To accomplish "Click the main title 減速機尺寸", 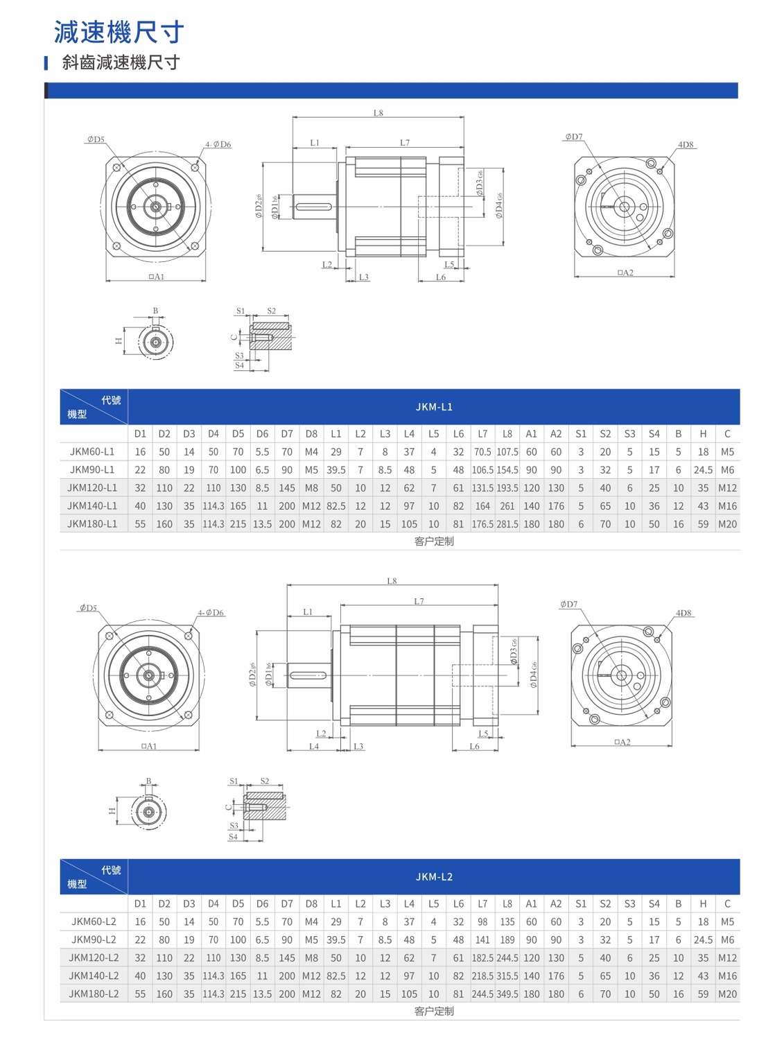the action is (119, 32).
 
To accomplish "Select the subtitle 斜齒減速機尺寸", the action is (121, 62).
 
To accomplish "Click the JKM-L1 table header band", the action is (433, 406).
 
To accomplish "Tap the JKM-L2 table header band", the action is (433, 876).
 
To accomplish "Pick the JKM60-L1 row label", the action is (92, 451).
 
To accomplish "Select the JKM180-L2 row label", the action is (94, 994).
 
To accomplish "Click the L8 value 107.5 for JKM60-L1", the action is (507, 452).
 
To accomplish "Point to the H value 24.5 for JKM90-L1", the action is (703, 470).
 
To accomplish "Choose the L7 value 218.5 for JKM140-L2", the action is (482, 976).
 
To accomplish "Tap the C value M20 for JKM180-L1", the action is (727, 524).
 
